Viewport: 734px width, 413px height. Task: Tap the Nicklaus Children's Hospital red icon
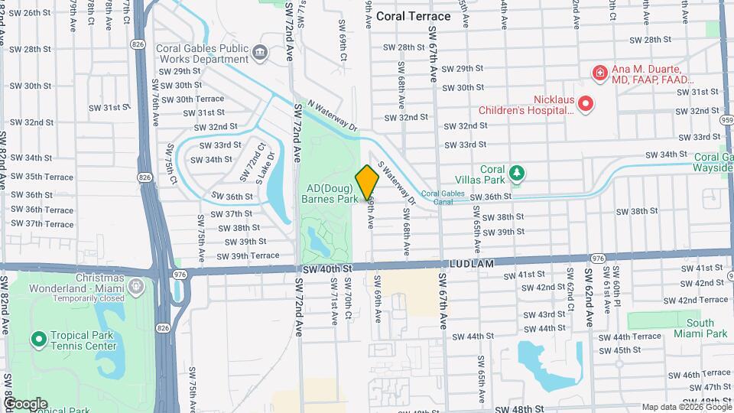pyautogui.click(x=586, y=104)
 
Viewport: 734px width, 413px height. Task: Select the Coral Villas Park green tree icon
pyautogui.click(x=518, y=172)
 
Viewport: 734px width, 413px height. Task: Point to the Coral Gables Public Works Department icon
pyautogui.click(x=260, y=53)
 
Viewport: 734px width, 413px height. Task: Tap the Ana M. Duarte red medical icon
pyautogui.click(x=600, y=73)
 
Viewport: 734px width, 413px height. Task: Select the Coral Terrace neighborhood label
pyautogui.click(x=424, y=15)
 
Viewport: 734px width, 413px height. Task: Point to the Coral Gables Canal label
pyautogui.click(x=443, y=197)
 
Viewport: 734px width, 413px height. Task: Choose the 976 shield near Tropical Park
pyautogui.click(x=180, y=274)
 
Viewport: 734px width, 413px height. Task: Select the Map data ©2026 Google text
pyautogui.click(x=685, y=407)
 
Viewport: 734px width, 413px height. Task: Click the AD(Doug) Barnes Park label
pyautogui.click(x=332, y=193)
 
